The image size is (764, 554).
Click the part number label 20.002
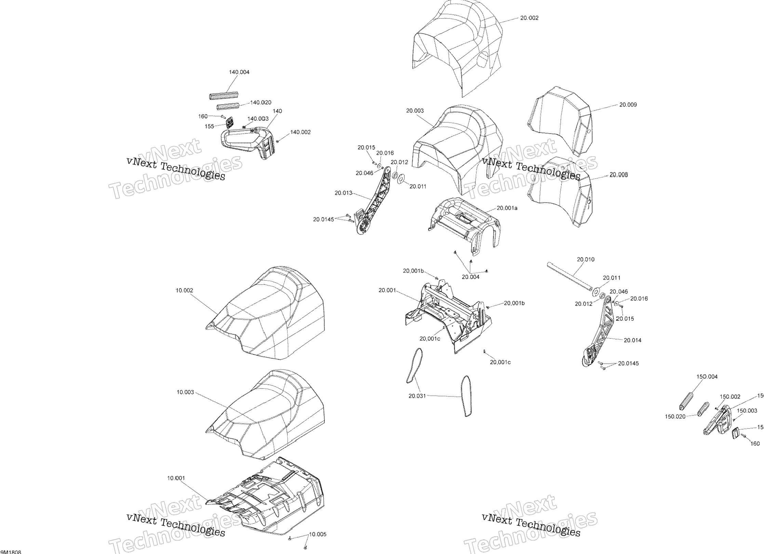tap(529, 18)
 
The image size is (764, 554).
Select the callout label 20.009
tap(628, 105)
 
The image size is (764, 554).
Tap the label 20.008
tap(619, 175)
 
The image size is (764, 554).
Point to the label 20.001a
tap(507, 208)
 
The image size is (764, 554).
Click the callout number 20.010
tap(586, 259)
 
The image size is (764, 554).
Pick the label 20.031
tap(417, 396)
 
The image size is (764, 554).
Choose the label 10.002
tap(184, 290)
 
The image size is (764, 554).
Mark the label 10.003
tap(185, 392)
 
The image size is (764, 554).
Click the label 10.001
tap(176, 478)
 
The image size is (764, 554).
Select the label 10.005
tap(318, 534)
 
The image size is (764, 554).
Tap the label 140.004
tap(239, 72)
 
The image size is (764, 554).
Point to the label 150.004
tap(707, 377)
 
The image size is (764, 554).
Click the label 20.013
tap(343, 193)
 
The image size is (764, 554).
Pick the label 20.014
tap(632, 340)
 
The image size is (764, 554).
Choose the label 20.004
tap(470, 277)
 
